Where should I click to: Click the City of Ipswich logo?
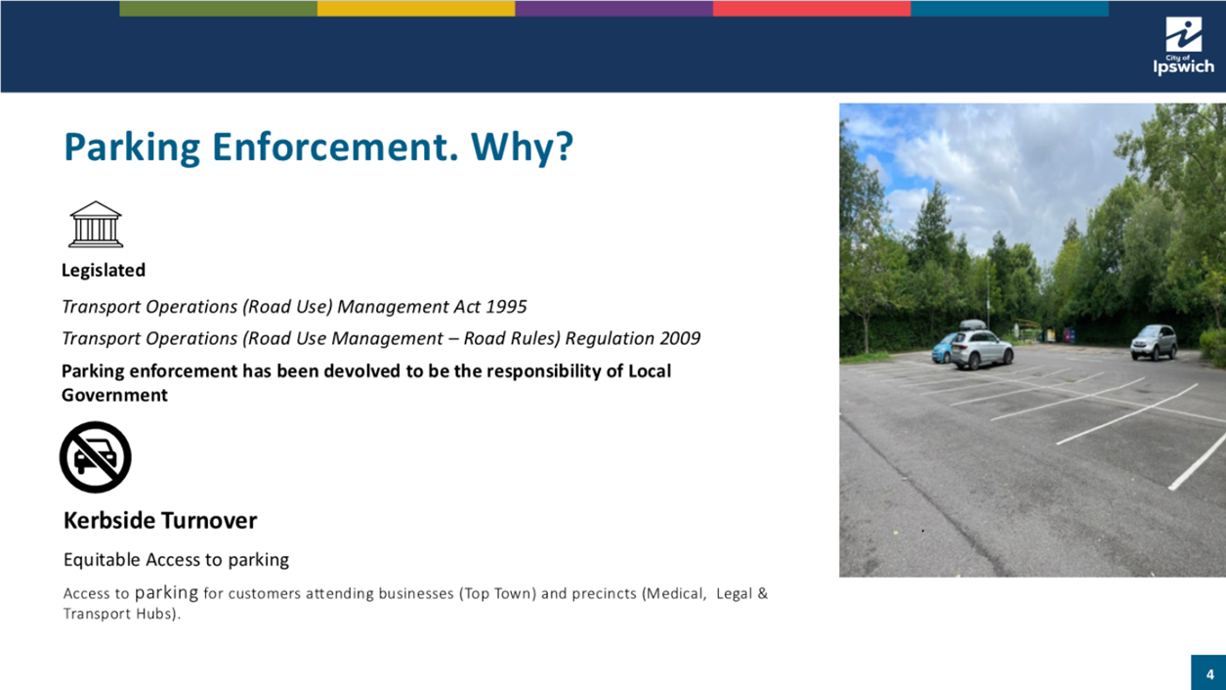click(1183, 46)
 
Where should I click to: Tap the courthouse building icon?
click(96, 224)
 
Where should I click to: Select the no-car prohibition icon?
click(95, 456)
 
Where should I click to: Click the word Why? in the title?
click(522, 148)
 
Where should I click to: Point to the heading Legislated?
click(104, 270)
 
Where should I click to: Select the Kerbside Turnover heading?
click(160, 520)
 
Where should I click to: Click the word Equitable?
click(102, 560)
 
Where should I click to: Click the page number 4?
click(1209, 674)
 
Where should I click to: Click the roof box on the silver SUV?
click(973, 324)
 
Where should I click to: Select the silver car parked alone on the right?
click(1154, 342)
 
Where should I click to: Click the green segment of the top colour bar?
click(219, 8)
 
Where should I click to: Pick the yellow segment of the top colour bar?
click(416, 8)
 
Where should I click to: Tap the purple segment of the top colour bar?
click(614, 8)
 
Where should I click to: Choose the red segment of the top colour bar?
click(812, 8)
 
